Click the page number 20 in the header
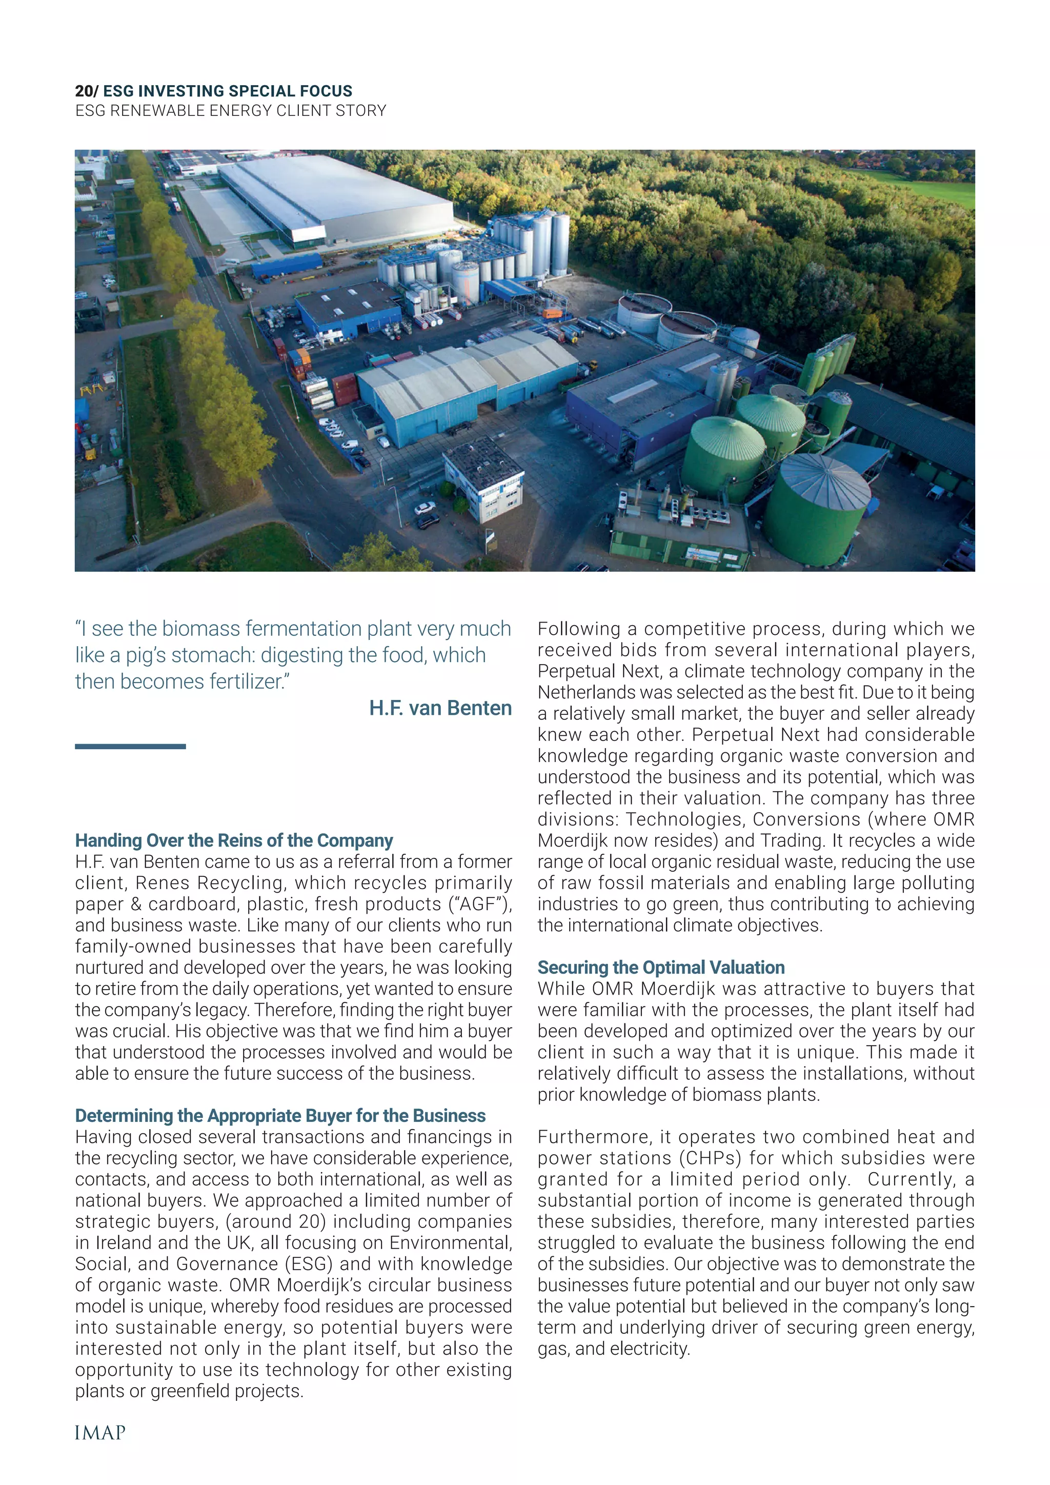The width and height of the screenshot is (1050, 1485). tap(84, 91)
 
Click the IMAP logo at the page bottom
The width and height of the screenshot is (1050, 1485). tap(100, 1433)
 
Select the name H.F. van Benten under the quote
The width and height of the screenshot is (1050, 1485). tap(440, 708)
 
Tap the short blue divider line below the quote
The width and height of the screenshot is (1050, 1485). tap(130, 747)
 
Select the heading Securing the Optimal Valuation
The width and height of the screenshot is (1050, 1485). tap(661, 967)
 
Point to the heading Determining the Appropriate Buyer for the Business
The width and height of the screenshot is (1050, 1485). tap(280, 1116)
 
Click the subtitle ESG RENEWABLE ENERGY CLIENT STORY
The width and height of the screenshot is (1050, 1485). tap(230, 111)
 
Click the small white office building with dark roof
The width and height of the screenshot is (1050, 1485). tap(483, 478)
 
